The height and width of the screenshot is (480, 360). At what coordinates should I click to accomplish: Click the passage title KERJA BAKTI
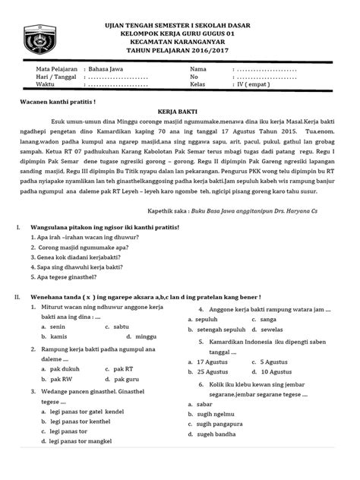tap(179, 109)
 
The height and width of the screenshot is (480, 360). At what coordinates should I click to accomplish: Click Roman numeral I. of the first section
tap(17, 226)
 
